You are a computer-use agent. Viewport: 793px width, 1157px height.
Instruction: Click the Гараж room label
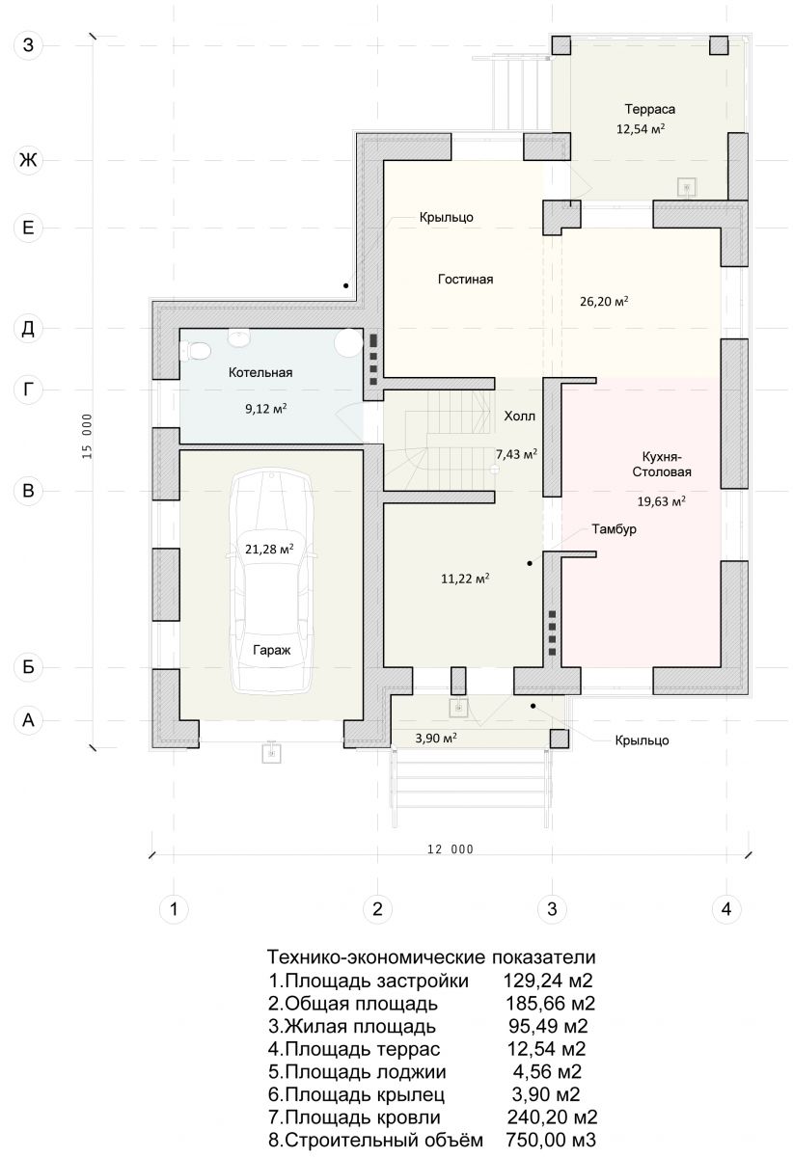pyautogui.click(x=271, y=650)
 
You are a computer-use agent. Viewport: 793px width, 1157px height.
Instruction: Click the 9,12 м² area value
pyautogui.click(x=265, y=409)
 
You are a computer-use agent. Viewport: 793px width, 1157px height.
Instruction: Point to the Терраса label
pyautogui.click(x=650, y=110)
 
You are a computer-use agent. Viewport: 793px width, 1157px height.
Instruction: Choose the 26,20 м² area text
pyautogui.click(x=604, y=301)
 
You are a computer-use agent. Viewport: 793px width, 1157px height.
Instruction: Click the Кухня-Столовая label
pyautogui.click(x=662, y=465)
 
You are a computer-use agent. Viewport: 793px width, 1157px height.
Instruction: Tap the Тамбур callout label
pyautogui.click(x=615, y=529)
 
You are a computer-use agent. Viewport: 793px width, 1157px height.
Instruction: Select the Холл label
pyautogui.click(x=520, y=417)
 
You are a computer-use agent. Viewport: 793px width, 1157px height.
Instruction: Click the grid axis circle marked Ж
pyautogui.click(x=28, y=160)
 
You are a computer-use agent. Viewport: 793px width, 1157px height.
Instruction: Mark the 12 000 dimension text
pyautogui.click(x=451, y=849)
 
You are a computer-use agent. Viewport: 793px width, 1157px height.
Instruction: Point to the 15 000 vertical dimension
pyautogui.click(x=87, y=436)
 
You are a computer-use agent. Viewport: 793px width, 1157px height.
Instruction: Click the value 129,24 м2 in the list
pyautogui.click(x=548, y=981)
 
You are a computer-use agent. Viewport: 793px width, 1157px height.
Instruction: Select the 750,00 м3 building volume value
pyautogui.click(x=551, y=1140)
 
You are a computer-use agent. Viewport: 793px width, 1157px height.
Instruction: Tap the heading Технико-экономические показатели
pyautogui.click(x=431, y=957)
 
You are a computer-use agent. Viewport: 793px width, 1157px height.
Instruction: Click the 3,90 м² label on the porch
pyautogui.click(x=436, y=739)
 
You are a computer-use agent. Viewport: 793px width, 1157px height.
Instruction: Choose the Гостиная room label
pyautogui.click(x=465, y=280)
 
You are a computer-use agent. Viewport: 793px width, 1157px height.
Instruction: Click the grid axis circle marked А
pyautogui.click(x=28, y=719)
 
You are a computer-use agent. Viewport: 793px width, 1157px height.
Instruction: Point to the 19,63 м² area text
pyautogui.click(x=661, y=501)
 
